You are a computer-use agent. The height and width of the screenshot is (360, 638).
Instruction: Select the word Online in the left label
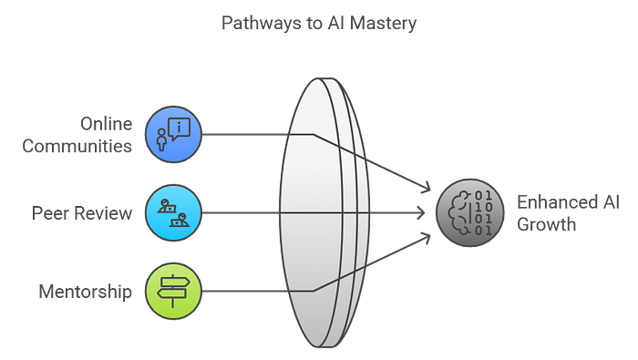pyautogui.click(x=106, y=123)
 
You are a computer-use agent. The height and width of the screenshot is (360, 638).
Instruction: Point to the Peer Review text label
pyautogui.click(x=83, y=213)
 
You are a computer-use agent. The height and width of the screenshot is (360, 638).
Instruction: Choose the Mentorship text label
pyautogui.click(x=85, y=292)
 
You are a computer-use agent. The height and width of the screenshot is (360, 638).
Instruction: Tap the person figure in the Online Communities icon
pyautogui.click(x=162, y=140)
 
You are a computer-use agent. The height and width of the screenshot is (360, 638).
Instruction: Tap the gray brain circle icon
pyautogui.click(x=470, y=213)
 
